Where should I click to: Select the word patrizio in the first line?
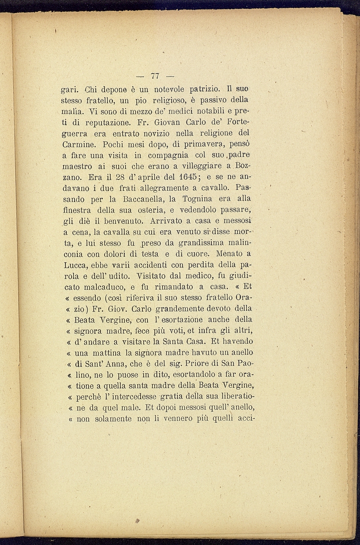point(202,89)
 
